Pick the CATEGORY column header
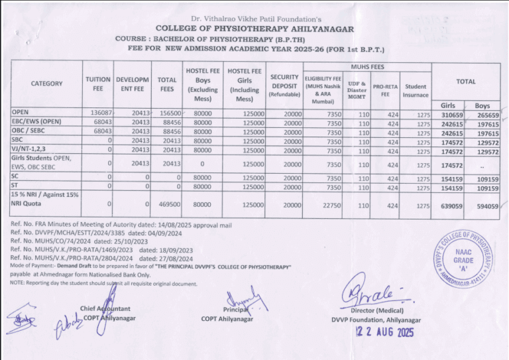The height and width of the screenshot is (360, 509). tap(46, 84)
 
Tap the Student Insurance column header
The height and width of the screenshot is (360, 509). tap(416, 90)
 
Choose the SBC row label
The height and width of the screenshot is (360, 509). tap(17, 141)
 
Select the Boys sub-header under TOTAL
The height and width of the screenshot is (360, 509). tap(482, 105)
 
